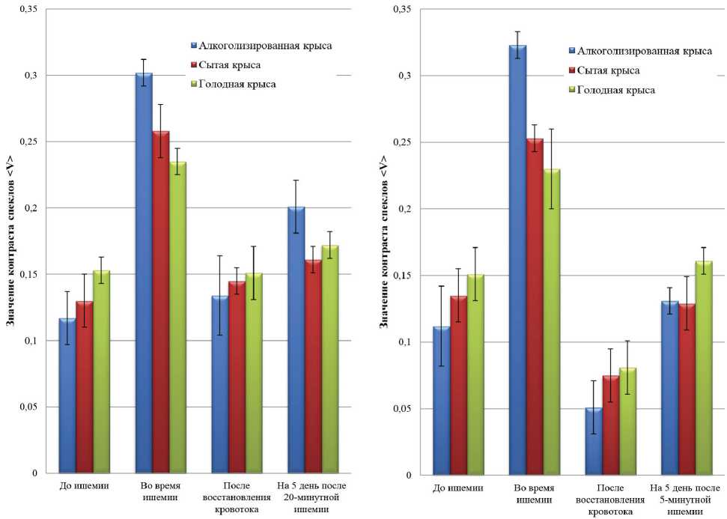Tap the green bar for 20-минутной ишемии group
(x=330, y=359)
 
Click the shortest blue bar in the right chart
(x=594, y=442)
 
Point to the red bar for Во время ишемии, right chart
(x=535, y=306)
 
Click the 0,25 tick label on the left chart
(x=27, y=142)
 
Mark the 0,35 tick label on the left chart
(x=27, y=10)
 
